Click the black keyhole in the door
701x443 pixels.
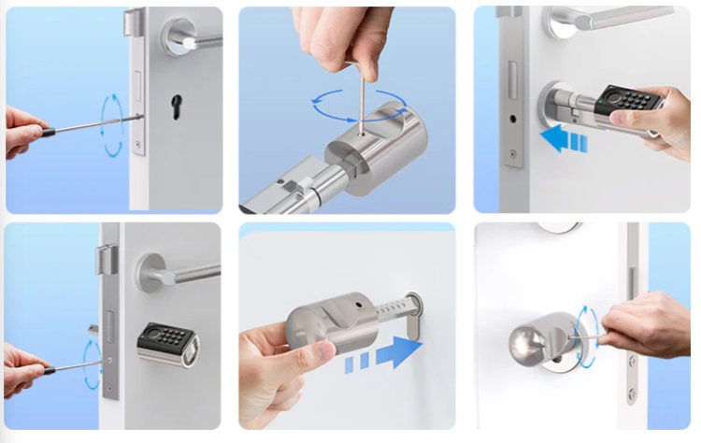(x=176, y=107)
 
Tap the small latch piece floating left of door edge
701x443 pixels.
(x=92, y=328)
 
